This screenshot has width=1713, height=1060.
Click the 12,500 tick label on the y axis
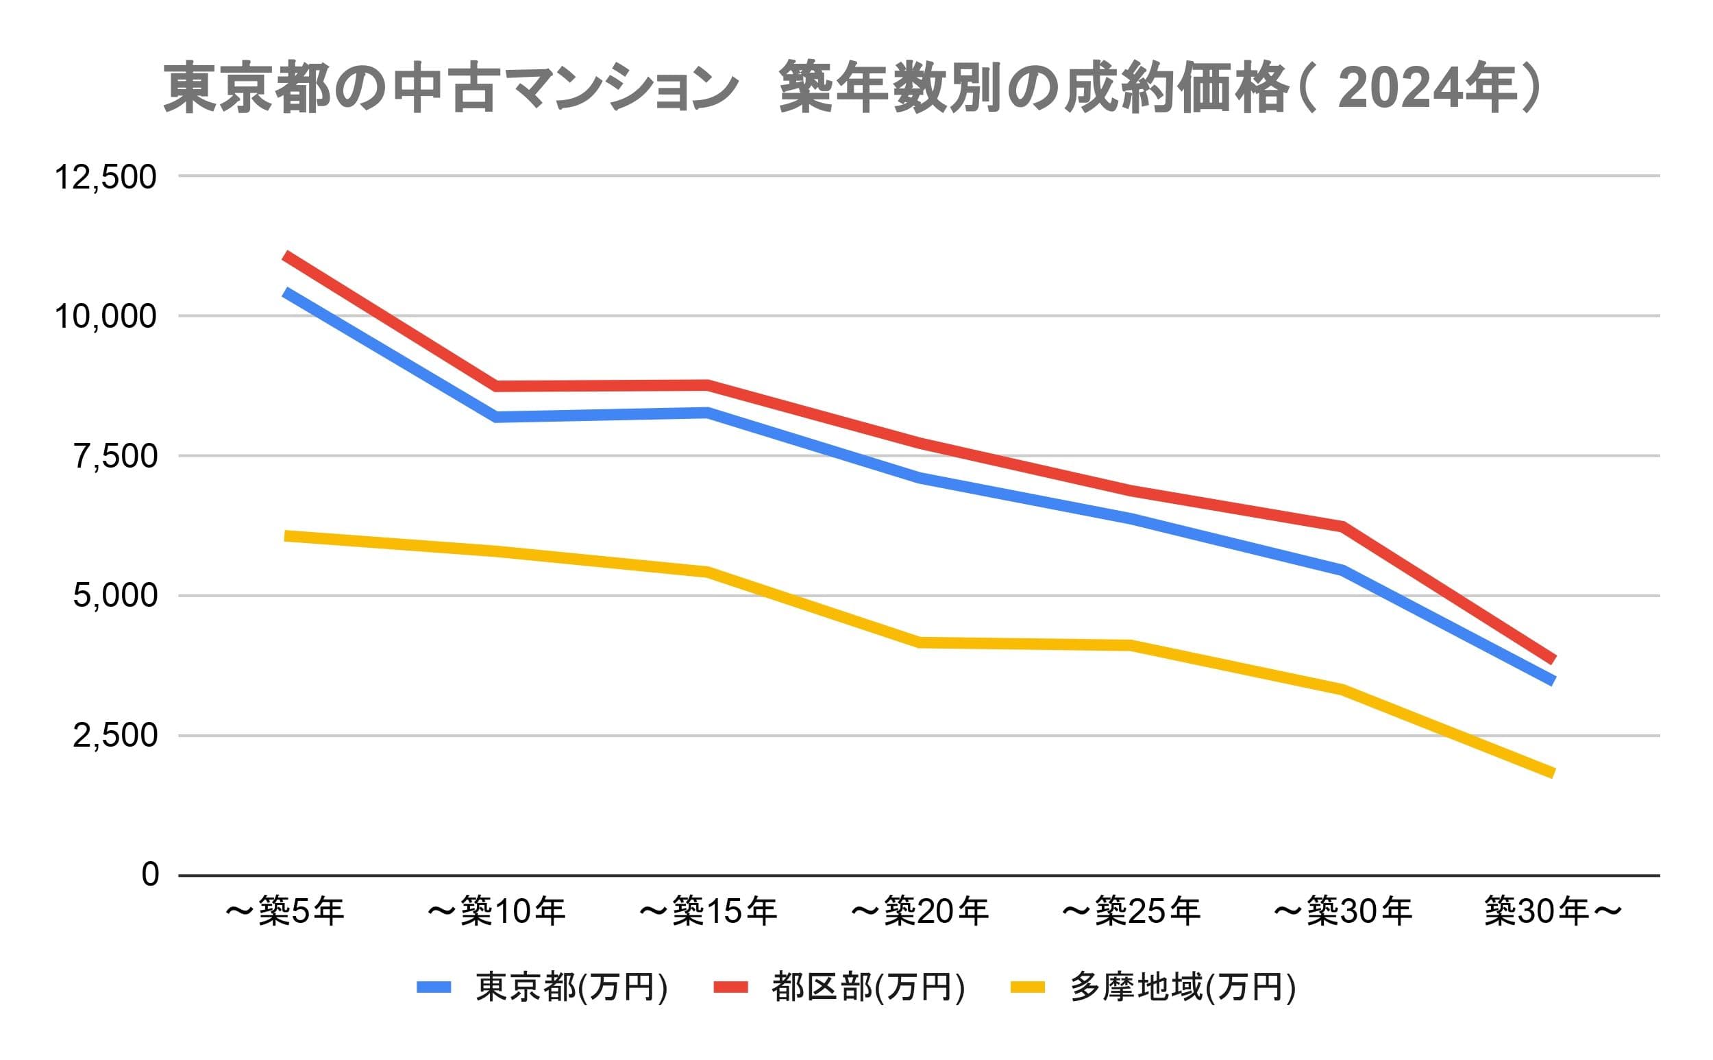(x=105, y=177)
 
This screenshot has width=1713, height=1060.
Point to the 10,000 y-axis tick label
(x=105, y=317)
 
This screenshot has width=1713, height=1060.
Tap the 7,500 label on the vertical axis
(x=115, y=457)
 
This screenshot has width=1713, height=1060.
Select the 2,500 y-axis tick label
(x=115, y=736)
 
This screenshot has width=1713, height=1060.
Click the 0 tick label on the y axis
(x=150, y=874)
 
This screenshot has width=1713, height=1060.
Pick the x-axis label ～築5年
(x=284, y=911)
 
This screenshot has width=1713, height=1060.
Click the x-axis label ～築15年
(x=708, y=911)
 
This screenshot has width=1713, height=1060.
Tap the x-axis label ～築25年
(x=1131, y=911)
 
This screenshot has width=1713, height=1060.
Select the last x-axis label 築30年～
(x=1553, y=911)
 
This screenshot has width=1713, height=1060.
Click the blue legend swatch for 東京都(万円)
(x=434, y=987)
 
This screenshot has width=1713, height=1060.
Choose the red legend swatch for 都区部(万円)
(x=730, y=987)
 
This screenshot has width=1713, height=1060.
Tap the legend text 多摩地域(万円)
(x=1183, y=987)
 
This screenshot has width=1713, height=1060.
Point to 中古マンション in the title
(x=564, y=89)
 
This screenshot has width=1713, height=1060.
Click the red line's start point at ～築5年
(x=286, y=256)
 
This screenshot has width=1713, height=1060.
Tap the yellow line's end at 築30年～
(x=1553, y=774)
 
